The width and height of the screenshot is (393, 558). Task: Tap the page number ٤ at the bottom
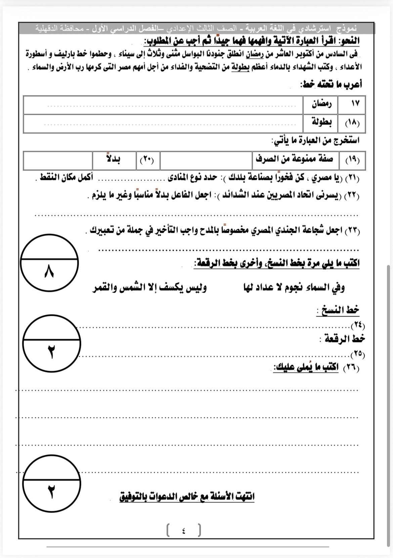coord(184,530)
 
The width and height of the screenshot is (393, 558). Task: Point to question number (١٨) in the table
coord(352,123)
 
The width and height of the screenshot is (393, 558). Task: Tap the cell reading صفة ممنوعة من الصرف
coord(294,159)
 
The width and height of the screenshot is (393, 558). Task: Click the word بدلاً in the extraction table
coord(113,159)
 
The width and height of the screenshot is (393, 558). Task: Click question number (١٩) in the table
coord(352,160)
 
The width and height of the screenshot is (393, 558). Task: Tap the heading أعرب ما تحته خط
coord(331,84)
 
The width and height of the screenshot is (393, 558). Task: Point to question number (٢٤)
coord(358,325)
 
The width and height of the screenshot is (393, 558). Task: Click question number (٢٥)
coord(358,354)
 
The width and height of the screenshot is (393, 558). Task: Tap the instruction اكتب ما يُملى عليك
coord(306,367)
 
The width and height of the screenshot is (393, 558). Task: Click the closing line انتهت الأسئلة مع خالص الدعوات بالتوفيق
coord(187,496)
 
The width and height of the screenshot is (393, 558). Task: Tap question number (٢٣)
coord(352,231)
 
